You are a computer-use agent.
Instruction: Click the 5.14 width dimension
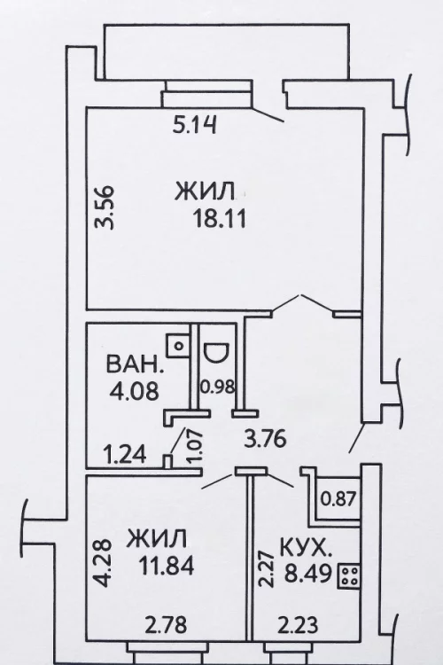click(195, 125)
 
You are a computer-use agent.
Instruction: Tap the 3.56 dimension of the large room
click(105, 207)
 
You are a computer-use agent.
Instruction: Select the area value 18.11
click(220, 219)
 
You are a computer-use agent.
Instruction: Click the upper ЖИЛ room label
click(205, 192)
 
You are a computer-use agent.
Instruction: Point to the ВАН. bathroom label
click(135, 364)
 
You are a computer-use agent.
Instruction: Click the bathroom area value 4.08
click(135, 391)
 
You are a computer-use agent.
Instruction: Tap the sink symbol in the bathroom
click(177, 346)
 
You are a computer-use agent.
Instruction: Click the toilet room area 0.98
click(217, 387)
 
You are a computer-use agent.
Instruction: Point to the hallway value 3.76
click(266, 439)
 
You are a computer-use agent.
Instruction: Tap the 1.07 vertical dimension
click(195, 447)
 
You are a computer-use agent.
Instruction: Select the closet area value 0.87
click(338, 498)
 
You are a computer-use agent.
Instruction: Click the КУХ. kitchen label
click(304, 549)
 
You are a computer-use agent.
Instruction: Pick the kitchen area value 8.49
click(307, 575)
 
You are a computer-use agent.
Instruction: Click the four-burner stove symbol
click(349, 576)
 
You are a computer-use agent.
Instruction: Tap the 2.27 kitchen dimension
click(266, 568)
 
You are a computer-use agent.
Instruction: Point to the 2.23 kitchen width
click(298, 625)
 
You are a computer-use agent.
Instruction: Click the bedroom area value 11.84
click(167, 566)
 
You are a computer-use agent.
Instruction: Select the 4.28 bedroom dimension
click(104, 563)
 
